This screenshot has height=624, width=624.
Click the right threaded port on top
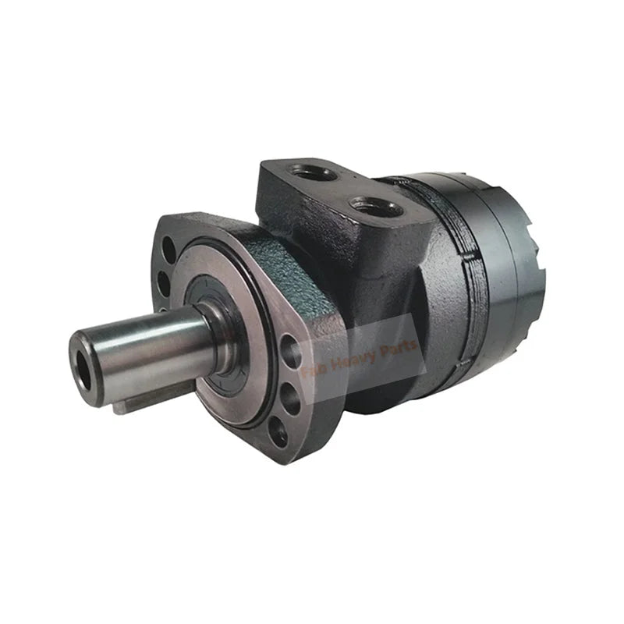point(376,207)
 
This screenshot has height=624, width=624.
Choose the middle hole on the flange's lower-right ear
point(286,398)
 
